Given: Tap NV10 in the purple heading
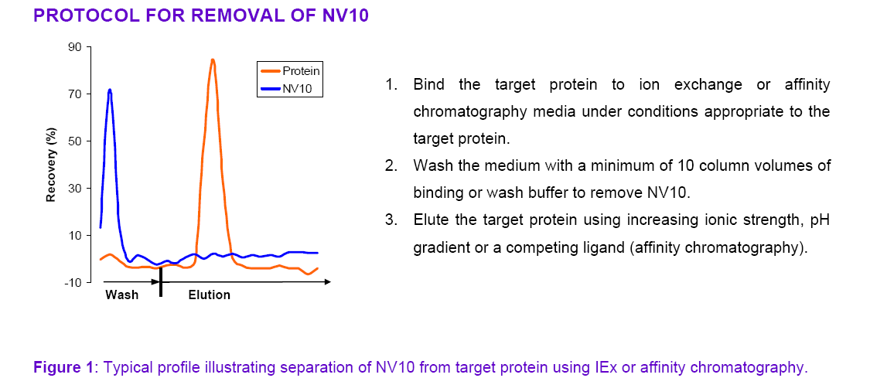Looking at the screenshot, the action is (x=345, y=15).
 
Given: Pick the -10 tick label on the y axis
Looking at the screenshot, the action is (x=73, y=283).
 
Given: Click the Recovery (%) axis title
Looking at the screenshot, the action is (x=52, y=165).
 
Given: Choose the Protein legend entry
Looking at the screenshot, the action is (x=290, y=71).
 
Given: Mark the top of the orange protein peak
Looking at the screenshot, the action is (x=213, y=60).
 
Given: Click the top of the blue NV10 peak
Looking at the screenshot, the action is (x=110, y=90).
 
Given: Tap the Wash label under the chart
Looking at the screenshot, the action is (x=122, y=295).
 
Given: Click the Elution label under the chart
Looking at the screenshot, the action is (x=209, y=295).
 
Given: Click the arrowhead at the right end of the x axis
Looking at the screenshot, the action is (x=327, y=282).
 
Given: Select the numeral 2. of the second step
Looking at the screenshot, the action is (x=392, y=165).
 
